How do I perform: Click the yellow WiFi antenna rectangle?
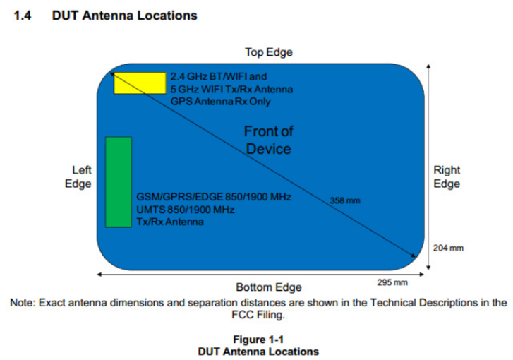point(140,82)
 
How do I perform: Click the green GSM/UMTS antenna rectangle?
point(118,181)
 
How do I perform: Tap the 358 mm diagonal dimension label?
point(344,201)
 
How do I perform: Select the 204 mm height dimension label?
point(447,248)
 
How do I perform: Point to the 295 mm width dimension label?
point(394,282)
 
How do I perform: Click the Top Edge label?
point(268,52)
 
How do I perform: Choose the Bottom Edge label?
point(268,287)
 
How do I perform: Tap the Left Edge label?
point(82,177)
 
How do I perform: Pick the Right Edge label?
point(446,177)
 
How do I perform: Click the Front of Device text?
point(268,140)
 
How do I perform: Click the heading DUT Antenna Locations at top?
point(124,15)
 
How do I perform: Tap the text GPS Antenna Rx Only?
point(220,102)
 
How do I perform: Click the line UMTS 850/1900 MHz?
point(185,210)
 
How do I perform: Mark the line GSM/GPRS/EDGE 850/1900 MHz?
point(214,196)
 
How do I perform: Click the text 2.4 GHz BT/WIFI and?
point(219,76)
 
